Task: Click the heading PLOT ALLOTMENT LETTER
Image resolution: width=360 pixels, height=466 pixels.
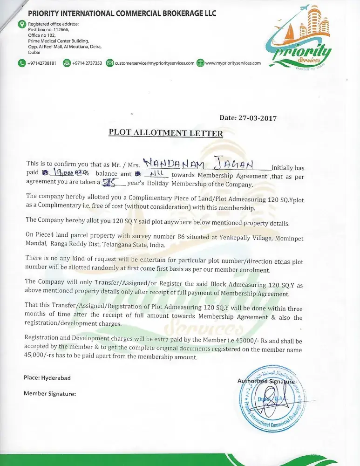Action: point(166,133)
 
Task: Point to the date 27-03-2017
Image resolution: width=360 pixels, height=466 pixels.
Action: point(248,118)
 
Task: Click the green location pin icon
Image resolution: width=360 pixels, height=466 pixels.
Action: point(22,24)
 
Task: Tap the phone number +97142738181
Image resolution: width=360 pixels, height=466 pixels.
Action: point(41,63)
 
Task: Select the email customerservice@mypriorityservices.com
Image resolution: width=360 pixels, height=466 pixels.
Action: point(154,63)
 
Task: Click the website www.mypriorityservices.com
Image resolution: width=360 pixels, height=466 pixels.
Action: point(233,63)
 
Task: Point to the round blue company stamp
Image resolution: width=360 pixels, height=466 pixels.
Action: point(271,397)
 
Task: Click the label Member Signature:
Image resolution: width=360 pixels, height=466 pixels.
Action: point(49,393)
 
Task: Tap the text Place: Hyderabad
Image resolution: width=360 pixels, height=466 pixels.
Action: point(47,378)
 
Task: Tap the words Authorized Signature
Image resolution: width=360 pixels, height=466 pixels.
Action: point(266,381)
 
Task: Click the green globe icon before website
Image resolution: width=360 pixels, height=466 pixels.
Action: point(200,63)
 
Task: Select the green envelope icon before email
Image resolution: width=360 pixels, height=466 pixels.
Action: point(110,63)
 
